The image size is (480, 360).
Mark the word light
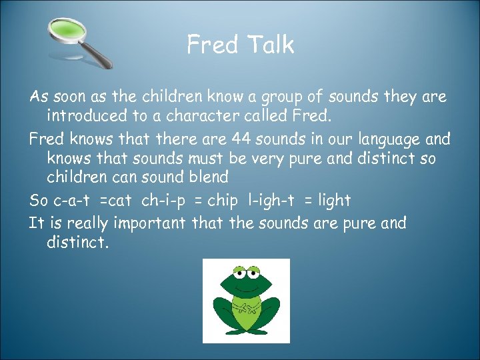pyautogui.click(x=333, y=200)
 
